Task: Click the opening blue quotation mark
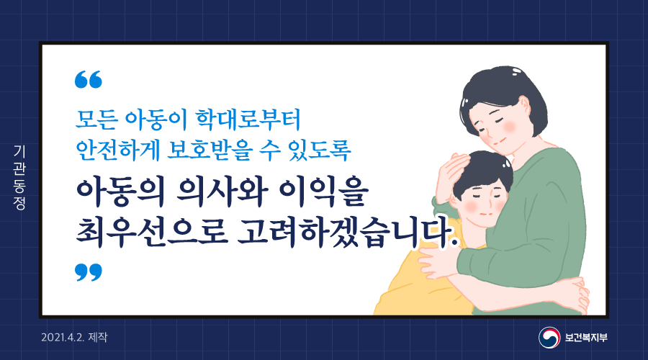coord(89,79)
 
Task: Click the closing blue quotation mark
coord(89,272)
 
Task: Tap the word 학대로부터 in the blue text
coord(248,120)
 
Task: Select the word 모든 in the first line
coord(96,120)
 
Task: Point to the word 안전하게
coord(118,149)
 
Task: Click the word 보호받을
coord(209,149)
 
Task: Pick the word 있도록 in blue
coord(319,149)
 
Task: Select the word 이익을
coord(323,193)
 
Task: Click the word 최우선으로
coord(152,233)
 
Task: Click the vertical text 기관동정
coord(19,178)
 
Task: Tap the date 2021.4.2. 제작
coord(74,337)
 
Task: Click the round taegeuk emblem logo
coord(549,337)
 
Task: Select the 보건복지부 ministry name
coord(586,338)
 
